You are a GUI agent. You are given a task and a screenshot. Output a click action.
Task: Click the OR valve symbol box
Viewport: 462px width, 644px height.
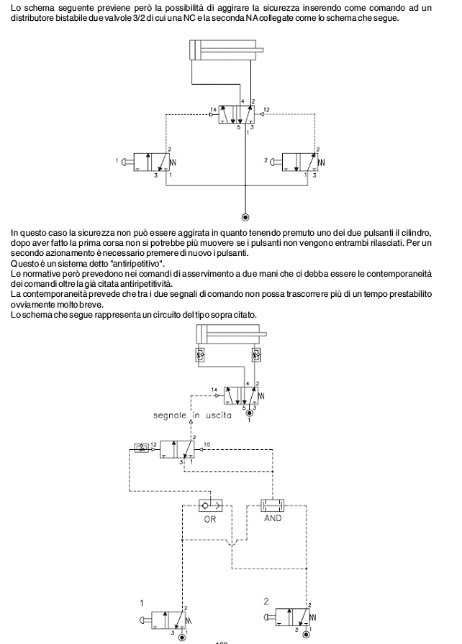click(x=209, y=505)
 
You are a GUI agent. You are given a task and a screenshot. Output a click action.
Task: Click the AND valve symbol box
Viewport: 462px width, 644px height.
click(x=273, y=504)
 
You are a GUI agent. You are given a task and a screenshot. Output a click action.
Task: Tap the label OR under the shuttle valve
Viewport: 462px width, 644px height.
click(x=209, y=518)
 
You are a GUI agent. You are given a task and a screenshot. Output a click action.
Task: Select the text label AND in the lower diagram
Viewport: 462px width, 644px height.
click(x=273, y=517)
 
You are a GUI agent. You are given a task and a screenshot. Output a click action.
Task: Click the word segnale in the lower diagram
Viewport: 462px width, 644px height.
click(x=171, y=415)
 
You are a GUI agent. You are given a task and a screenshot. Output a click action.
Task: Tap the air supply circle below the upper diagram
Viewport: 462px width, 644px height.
click(x=246, y=216)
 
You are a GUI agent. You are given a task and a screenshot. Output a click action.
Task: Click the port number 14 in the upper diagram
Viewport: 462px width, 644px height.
click(x=213, y=110)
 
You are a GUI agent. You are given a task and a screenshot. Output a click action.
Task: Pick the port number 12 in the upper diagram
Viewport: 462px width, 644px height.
click(x=266, y=110)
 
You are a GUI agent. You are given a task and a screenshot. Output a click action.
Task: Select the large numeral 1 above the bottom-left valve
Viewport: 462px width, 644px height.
click(x=142, y=602)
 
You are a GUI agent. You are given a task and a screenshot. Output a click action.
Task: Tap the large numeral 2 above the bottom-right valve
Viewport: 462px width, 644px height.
click(x=266, y=601)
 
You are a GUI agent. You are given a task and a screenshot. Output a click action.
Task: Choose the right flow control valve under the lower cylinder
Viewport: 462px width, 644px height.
click(x=255, y=356)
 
